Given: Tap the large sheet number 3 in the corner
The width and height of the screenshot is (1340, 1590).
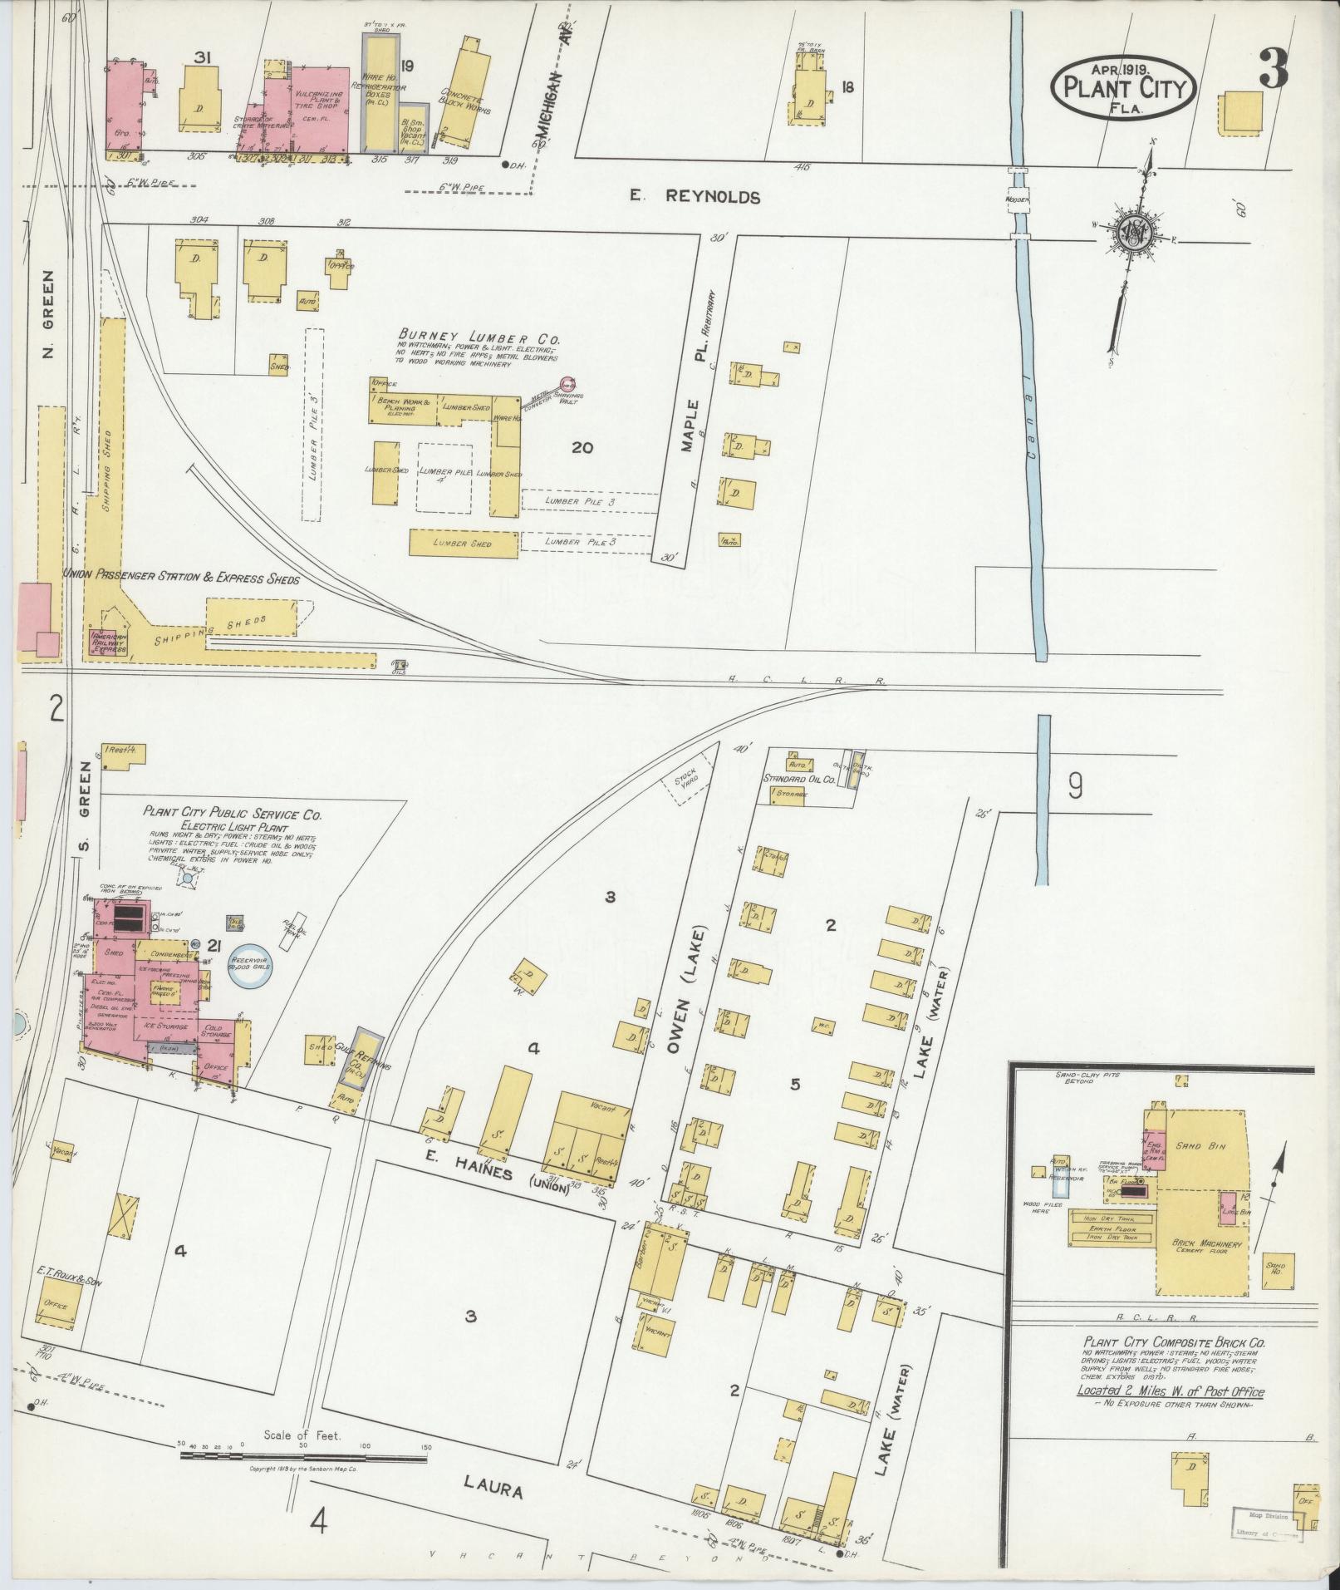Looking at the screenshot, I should coord(1273,68).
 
